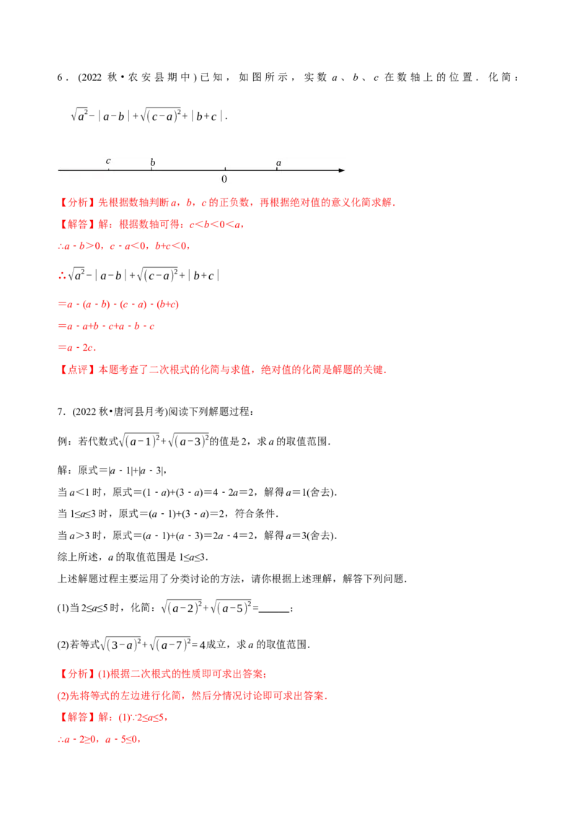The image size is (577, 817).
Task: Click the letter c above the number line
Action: (108, 161)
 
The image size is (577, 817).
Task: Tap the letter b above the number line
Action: (152, 163)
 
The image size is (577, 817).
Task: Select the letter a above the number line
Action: (278, 163)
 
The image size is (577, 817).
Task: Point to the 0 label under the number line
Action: (224, 179)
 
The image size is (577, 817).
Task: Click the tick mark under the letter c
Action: (108, 169)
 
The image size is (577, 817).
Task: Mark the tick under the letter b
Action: (152, 169)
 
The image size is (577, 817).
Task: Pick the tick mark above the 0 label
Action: (224, 169)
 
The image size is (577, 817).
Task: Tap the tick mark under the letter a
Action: (278, 169)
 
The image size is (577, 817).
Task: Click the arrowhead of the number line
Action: (342, 170)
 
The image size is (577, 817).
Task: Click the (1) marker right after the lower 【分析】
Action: (103, 674)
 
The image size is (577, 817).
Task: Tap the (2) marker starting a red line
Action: (63, 696)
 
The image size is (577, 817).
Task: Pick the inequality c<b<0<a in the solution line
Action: (216, 226)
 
